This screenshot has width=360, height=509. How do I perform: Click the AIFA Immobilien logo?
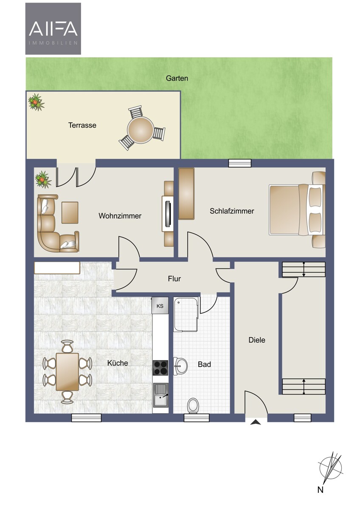pos(53,29)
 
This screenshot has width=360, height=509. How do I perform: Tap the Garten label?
pos(177,78)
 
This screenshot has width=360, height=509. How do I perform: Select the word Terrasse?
pos(82,125)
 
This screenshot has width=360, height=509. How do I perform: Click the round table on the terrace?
pos(141,130)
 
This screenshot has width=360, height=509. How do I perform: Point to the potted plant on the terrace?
pos(36,102)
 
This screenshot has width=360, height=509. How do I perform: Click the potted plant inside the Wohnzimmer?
pos(43,179)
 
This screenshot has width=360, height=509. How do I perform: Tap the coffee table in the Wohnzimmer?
pos(70,213)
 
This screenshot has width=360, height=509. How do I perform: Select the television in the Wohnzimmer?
pos(168,214)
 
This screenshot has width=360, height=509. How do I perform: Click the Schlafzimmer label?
pos(232,211)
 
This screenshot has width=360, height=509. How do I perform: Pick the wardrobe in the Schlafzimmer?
pos(186,193)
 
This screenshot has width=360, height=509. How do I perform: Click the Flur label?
pos(174,279)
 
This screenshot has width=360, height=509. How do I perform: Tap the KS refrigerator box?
pos(160,306)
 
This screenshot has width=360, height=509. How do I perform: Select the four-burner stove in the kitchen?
pos(160,368)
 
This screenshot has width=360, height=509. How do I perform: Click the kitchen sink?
pos(161,395)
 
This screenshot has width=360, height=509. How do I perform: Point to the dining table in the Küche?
pos(67,372)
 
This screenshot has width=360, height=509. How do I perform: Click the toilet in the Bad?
pos(193,406)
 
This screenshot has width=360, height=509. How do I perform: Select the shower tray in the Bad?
pos(186,314)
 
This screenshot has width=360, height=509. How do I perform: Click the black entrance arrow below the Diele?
pos(256,422)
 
